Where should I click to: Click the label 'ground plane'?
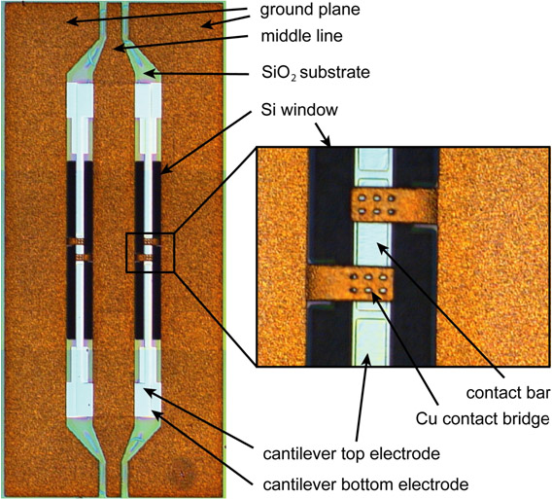(x=310, y=10)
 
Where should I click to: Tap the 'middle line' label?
(x=301, y=36)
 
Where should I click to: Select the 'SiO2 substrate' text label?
(x=316, y=73)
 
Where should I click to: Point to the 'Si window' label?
(x=299, y=110)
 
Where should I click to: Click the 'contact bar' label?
(x=508, y=393)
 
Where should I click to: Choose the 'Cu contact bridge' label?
(x=483, y=419)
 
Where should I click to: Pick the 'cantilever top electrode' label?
(x=352, y=453)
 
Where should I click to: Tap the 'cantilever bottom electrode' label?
(x=365, y=484)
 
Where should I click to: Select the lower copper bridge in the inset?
(x=350, y=283)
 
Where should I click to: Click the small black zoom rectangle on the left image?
(x=150, y=252)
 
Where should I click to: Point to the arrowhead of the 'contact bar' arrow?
(x=382, y=247)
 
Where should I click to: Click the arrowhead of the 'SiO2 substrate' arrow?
(x=149, y=73)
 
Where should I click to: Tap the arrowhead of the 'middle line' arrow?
(x=119, y=48)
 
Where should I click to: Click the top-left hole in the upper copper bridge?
(x=362, y=198)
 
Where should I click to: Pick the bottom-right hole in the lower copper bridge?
(x=383, y=291)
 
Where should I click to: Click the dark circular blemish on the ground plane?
(x=183, y=472)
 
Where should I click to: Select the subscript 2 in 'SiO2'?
(x=293, y=78)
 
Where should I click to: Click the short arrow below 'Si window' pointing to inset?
(x=323, y=134)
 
